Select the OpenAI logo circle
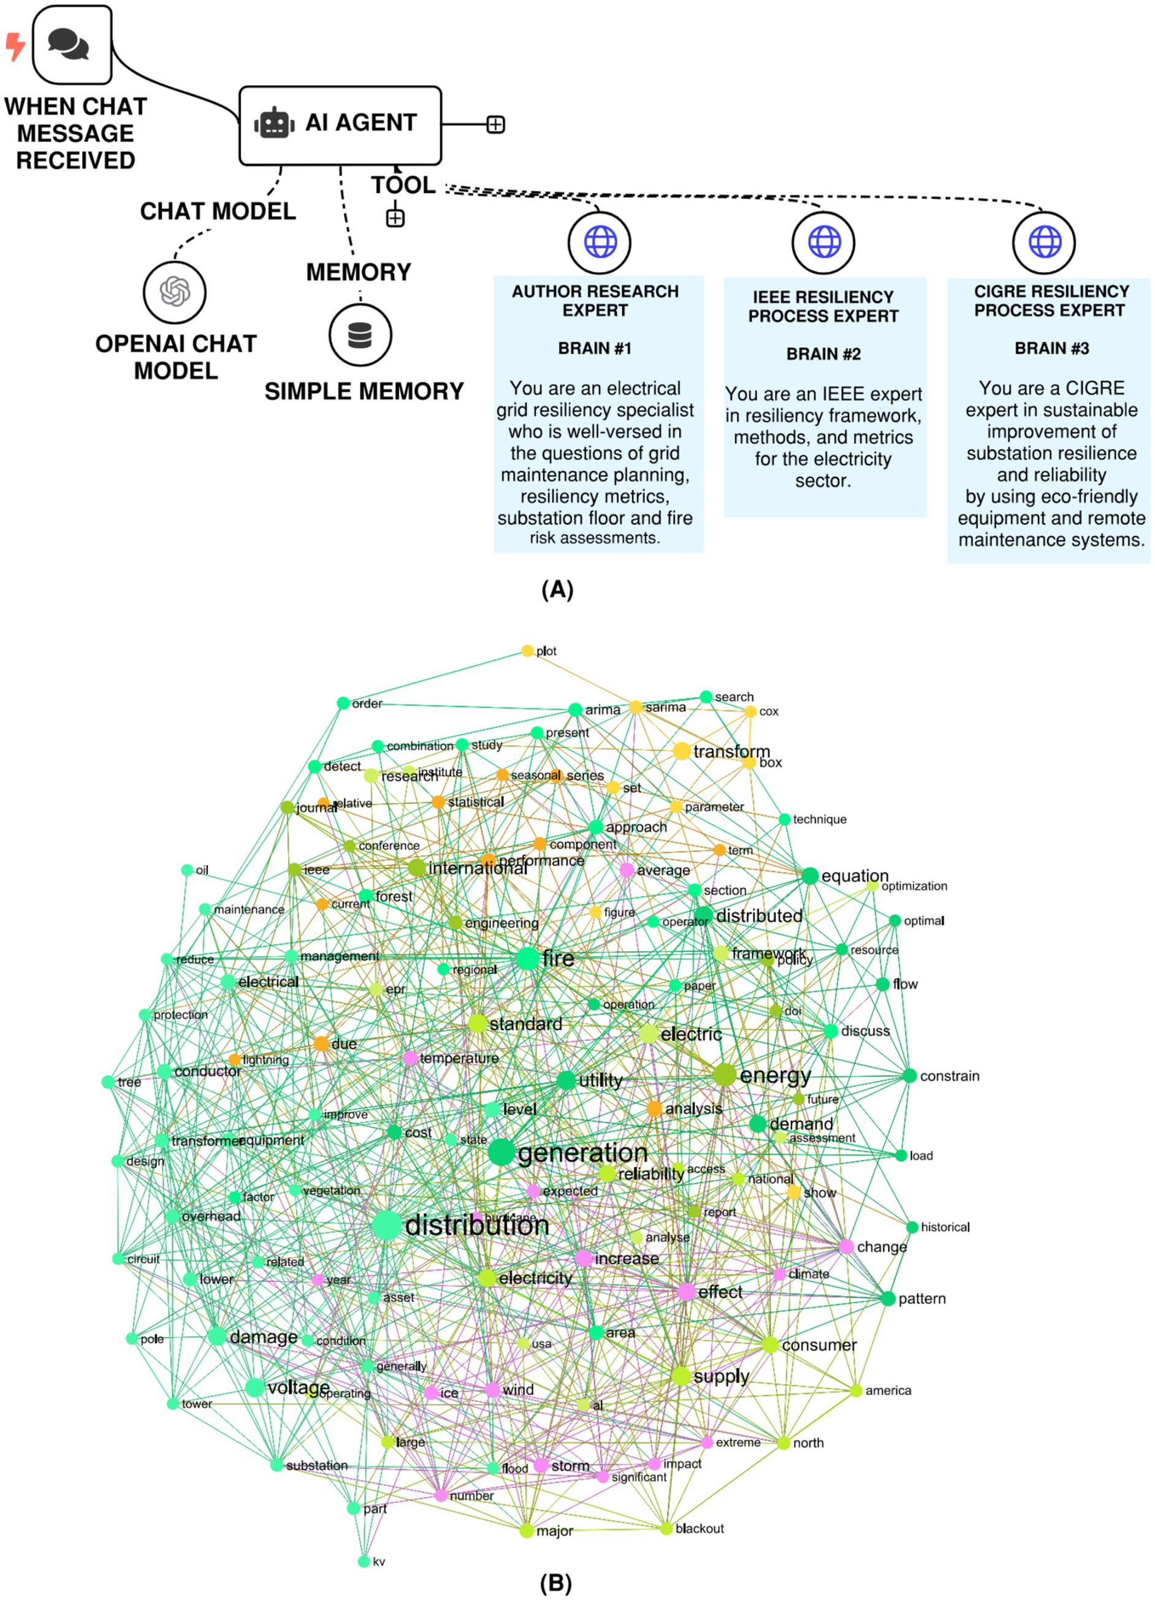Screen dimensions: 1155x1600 [174, 290]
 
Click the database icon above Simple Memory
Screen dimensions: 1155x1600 [360, 335]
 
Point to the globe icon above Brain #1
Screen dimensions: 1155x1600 [600, 242]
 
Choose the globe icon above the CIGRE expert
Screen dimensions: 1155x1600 [1044, 242]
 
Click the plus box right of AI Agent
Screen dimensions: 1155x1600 [495, 125]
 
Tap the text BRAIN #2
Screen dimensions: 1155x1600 [823, 354]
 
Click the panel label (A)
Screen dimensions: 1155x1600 [557, 589]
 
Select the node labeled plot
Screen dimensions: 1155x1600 [527, 650]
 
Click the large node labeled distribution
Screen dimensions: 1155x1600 [386, 1226]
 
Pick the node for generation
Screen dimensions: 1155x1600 [501, 1152]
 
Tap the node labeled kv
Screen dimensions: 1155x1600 [364, 1561]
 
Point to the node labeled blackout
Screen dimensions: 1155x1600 [666, 1528]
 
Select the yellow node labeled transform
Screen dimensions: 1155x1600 [682, 751]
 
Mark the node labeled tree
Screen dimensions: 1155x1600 [108, 1082]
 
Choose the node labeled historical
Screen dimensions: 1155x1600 [912, 1227]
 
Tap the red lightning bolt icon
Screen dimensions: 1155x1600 [14, 46]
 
